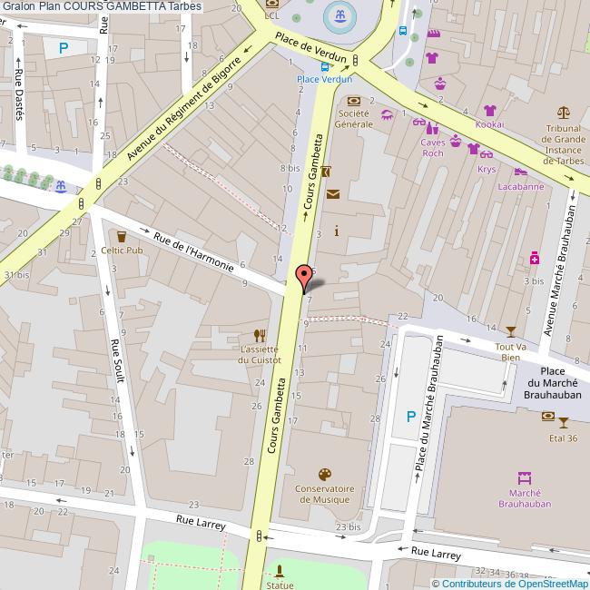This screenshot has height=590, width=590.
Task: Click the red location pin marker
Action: [x=305, y=276]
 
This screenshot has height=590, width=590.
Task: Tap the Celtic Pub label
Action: [x=122, y=250]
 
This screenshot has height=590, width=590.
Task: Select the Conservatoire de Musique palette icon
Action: [x=324, y=475]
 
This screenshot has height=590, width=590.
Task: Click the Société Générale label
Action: [x=353, y=119]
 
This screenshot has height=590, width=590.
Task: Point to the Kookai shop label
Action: [x=488, y=123]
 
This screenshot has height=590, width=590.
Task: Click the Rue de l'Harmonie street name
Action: [x=194, y=253]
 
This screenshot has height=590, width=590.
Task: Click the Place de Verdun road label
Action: [x=311, y=50]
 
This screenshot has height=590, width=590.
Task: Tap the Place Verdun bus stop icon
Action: [x=325, y=65]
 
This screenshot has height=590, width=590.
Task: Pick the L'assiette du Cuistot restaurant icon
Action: [x=261, y=334]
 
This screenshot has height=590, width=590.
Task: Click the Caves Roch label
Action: [x=432, y=147]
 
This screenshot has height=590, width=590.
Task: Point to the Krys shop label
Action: [x=487, y=169]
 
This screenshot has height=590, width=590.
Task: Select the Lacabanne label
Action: [x=521, y=187]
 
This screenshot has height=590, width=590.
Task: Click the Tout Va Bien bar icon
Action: [x=510, y=331]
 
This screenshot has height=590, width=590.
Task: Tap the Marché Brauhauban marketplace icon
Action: [x=524, y=477]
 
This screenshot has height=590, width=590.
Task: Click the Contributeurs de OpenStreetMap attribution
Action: [x=509, y=584]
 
